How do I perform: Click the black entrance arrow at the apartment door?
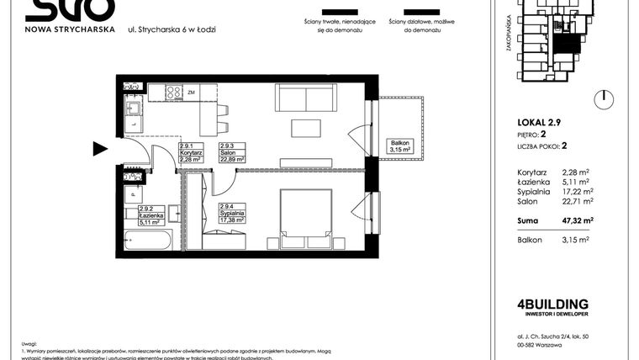pos(100,150)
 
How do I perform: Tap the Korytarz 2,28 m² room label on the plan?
pos(190,152)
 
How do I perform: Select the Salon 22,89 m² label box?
pos(231,152)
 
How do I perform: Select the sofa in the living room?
pos(300,99)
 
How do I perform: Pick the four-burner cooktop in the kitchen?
pos(173,93)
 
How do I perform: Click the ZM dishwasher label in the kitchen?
pos(192,92)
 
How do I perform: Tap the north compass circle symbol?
pos(602,99)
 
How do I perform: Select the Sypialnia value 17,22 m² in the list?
pos(575,191)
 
